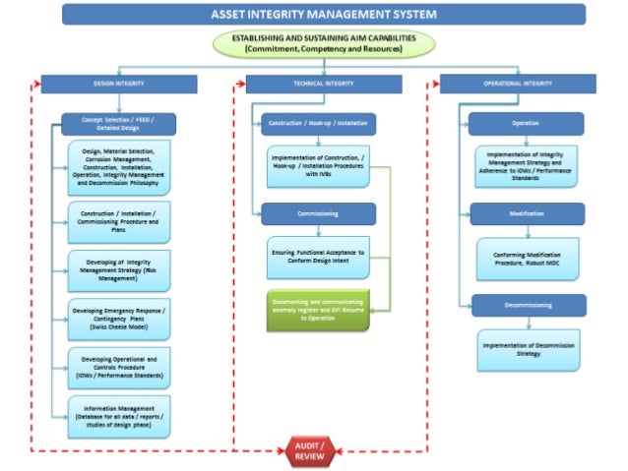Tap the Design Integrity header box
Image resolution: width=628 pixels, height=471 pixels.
118,85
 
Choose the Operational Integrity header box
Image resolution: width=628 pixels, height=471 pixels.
517,85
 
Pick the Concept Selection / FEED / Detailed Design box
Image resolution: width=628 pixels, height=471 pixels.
118,123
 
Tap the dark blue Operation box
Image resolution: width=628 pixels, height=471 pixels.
525,124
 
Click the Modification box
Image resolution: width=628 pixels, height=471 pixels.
525,213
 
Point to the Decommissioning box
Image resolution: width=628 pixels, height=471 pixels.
525,305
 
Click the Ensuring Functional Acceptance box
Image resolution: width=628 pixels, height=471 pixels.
317,257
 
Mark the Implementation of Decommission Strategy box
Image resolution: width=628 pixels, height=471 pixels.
529,350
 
